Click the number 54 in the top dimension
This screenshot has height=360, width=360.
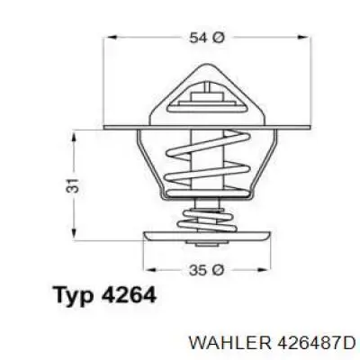tap(196, 38)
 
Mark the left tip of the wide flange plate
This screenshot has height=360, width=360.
tap(106, 128)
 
